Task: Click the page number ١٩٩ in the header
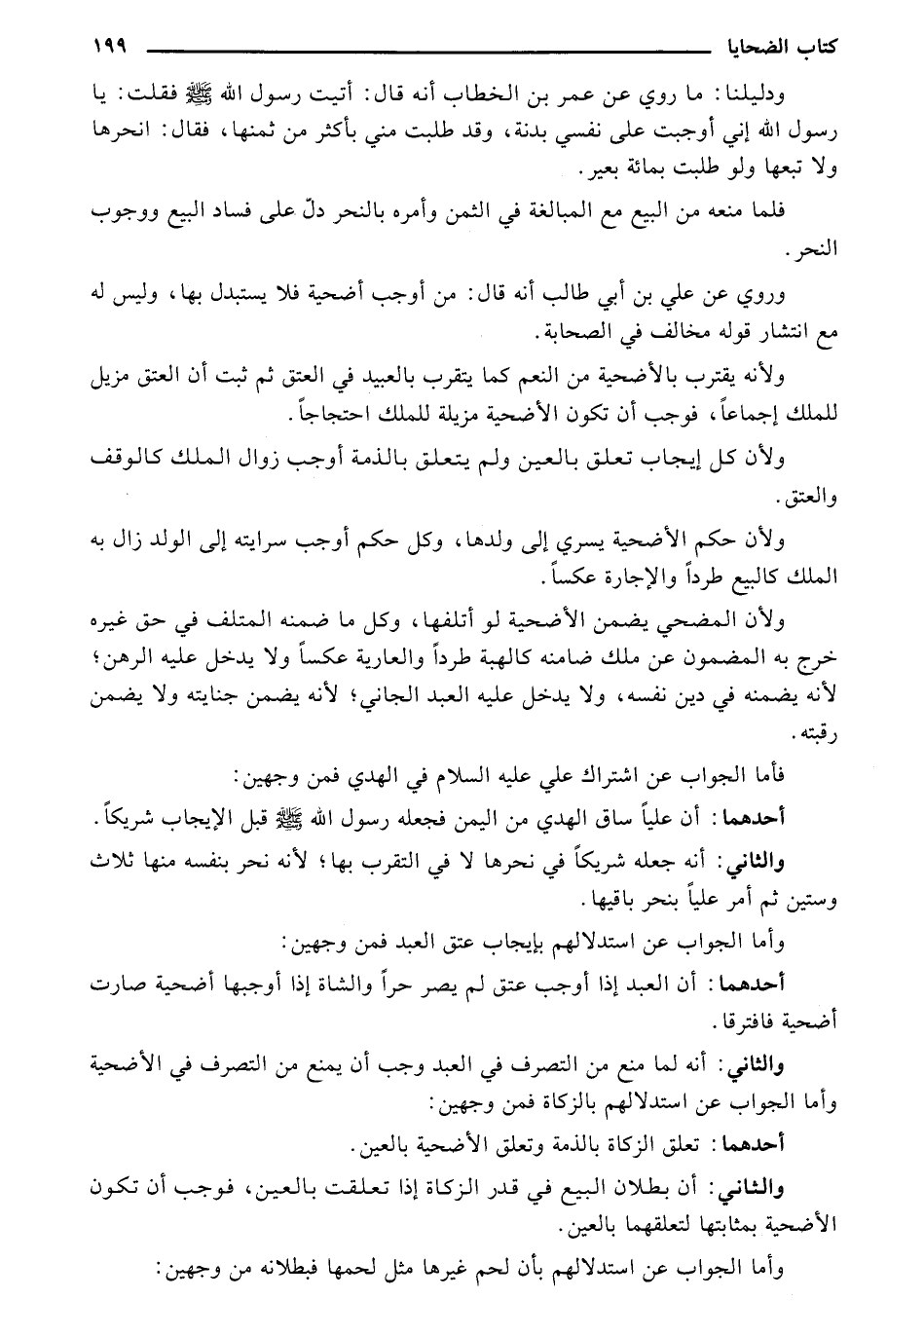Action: (115, 46)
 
